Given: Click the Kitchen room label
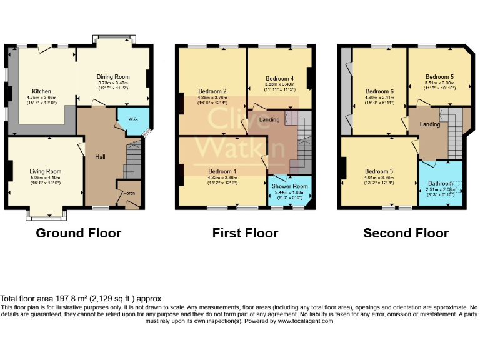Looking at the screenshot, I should click(42, 91).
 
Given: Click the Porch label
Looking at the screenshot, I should click(129, 193).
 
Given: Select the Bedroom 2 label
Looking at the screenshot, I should click(212, 91).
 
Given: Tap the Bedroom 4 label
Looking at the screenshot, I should click(279, 78).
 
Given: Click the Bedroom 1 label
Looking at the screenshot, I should click(222, 171).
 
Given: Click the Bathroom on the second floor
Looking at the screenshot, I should click(439, 183).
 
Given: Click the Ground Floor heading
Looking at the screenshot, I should click(78, 233).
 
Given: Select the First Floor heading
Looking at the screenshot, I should click(245, 233).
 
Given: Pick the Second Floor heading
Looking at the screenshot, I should click(406, 233).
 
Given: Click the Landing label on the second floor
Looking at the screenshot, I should click(430, 124).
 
